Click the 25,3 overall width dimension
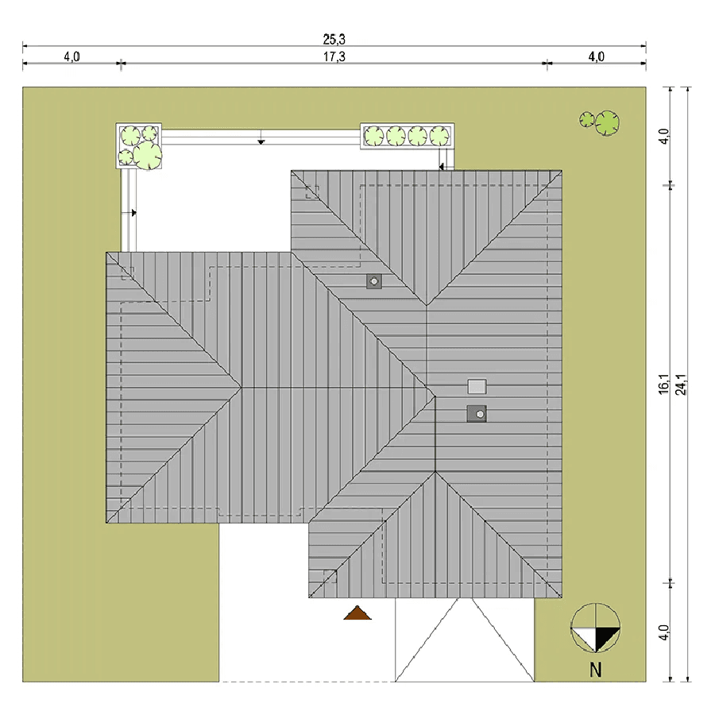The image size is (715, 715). tap(334, 40)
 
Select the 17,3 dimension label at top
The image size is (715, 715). tap(334, 57)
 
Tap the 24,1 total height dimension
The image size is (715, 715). tap(682, 385)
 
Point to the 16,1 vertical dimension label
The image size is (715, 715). tap(664, 385)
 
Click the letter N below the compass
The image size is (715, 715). tap(596, 670)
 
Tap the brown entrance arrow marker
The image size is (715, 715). tap(357, 613)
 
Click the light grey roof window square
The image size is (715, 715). tap(477, 387)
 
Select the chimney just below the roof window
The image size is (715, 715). tap(477, 414)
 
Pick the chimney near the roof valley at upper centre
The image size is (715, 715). tap(374, 281)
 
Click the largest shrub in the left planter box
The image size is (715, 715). tap(147, 155)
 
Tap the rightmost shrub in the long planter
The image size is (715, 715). tap(439, 136)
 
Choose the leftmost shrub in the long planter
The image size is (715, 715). tap(374, 136)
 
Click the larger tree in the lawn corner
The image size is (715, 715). tap(608, 123)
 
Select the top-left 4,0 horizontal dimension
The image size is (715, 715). tap(71, 57)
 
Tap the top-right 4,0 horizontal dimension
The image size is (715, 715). tap(596, 57)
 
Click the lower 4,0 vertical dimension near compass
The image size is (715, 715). tap(664, 632)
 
